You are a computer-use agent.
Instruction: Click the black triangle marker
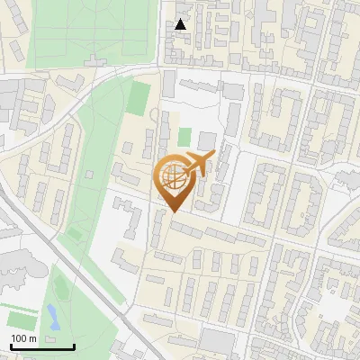(181, 24)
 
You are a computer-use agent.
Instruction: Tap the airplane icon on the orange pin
(198, 164)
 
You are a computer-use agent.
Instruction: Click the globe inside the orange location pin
(174, 177)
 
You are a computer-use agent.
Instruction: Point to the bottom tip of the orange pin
(173, 211)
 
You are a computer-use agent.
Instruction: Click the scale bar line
(42, 346)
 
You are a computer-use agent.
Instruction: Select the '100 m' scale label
(23, 338)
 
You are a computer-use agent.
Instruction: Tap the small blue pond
(52, 315)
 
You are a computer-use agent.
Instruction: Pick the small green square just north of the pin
(184, 138)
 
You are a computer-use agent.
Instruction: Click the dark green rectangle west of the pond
(19, 319)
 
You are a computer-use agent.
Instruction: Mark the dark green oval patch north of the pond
(60, 288)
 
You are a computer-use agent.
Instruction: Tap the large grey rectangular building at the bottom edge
(217, 343)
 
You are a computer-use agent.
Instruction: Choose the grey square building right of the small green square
(207, 140)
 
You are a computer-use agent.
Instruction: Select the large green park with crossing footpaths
(90, 36)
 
